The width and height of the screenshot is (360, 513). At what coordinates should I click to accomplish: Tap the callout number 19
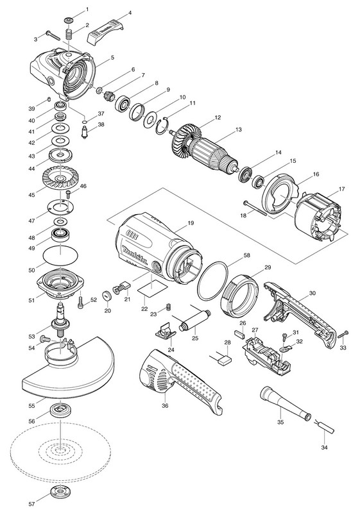coord(191,223)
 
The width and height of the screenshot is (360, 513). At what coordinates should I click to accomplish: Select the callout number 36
coord(165,406)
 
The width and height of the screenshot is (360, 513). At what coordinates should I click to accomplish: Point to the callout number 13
coord(238,130)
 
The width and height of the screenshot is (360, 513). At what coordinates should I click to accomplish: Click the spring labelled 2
coord(69,35)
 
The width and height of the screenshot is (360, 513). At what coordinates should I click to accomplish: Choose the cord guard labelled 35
coord(285,405)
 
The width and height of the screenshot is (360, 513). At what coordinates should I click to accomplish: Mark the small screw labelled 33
coord(343,335)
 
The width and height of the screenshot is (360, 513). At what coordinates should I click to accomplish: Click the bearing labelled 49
coord(60,234)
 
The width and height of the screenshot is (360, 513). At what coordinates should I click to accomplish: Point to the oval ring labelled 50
coord(60,255)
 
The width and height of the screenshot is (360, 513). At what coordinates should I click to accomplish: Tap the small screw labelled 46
coord(69,194)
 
